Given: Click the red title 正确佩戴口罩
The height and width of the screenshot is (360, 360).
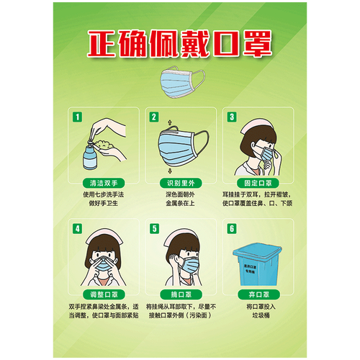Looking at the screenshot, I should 179,45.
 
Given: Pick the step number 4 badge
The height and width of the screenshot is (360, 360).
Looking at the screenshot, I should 76,229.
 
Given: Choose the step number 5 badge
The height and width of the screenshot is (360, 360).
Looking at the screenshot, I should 153,229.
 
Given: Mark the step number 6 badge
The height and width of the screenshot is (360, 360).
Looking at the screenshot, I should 231,229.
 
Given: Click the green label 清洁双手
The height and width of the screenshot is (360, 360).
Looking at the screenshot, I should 102,183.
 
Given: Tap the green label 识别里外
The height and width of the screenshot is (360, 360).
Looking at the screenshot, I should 179,183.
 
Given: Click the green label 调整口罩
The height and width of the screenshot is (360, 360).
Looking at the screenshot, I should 102,295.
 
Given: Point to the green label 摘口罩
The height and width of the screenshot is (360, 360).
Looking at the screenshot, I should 179,295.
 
